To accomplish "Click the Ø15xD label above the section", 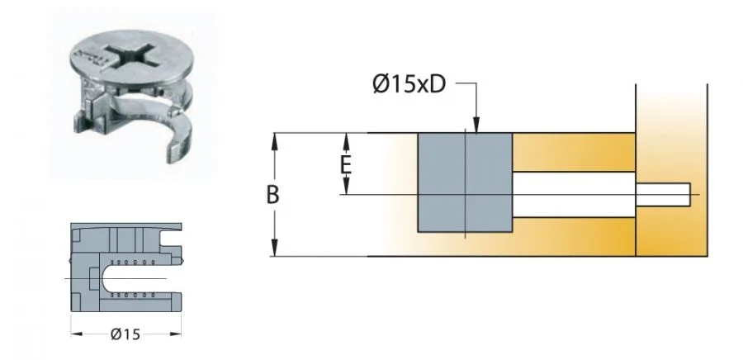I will [409, 85].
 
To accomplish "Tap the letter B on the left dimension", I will [272, 195].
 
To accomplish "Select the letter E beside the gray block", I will [348, 164].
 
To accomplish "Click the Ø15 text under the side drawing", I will [125, 334].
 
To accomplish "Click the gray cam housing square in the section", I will [465, 182].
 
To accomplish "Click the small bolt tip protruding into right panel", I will [665, 194].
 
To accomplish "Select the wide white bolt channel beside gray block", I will [573, 194].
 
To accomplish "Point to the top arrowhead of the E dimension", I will [348, 138].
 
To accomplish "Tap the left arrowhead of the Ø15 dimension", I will [75, 334].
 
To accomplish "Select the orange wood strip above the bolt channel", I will [573, 152].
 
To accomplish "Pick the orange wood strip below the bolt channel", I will [573, 236].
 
